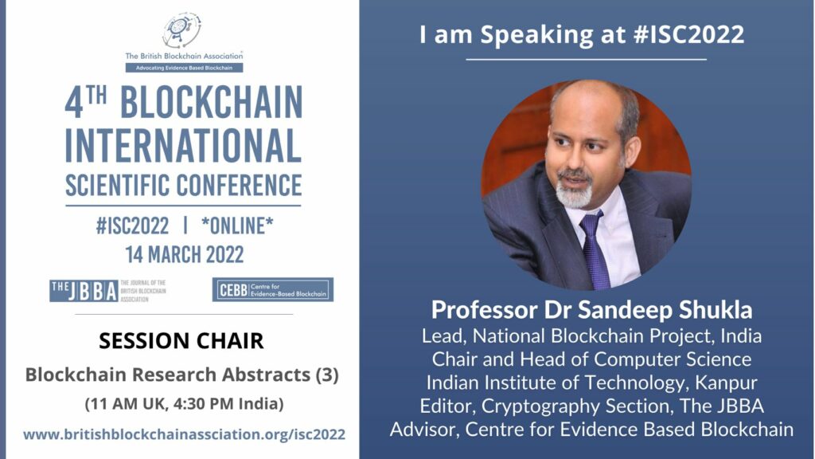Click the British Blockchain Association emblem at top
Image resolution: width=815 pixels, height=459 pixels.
click(182, 30)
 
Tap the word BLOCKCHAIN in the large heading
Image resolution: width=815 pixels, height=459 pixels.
click(212, 103)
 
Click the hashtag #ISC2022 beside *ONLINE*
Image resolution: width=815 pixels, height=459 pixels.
click(133, 226)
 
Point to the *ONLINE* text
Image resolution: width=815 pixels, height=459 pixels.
click(237, 226)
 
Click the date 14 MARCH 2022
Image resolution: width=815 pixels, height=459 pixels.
click(185, 255)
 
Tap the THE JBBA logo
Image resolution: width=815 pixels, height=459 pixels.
click(108, 291)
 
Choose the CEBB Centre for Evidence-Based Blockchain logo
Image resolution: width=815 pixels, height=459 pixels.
click(273, 289)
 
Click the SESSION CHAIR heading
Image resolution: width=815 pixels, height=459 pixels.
click(181, 341)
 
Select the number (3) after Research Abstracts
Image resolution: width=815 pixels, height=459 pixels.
click(327, 375)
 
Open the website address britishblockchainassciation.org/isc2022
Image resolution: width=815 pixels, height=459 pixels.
click(185, 434)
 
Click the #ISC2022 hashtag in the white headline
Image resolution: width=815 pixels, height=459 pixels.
click(689, 35)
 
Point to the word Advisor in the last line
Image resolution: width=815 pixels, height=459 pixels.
click(423, 430)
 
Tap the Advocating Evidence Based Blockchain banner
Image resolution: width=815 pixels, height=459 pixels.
click(184, 68)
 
